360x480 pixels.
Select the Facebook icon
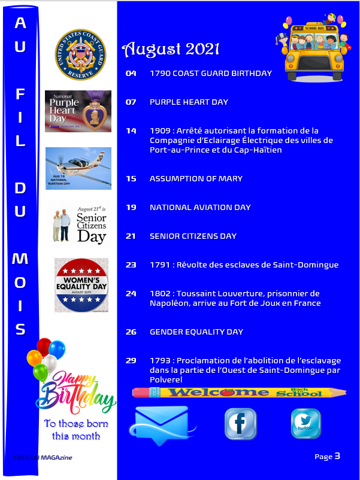tap(240, 424)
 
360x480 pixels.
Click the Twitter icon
tap(305, 424)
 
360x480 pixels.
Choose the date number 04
tap(131, 74)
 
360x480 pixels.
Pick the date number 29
tap(131, 360)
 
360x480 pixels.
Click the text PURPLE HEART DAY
tap(189, 102)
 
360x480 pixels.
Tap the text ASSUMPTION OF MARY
tap(196, 179)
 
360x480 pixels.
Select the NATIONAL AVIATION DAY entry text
tap(200, 208)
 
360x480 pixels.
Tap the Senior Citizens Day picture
tap(78, 223)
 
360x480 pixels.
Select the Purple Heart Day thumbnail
tap(78, 111)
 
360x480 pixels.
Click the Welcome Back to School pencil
tap(239, 393)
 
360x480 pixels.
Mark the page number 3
tap(337, 456)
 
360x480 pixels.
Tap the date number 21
tap(131, 236)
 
